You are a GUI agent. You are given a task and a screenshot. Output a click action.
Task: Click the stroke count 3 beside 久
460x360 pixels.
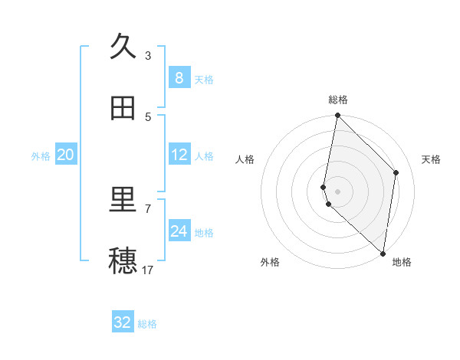tap(148, 55)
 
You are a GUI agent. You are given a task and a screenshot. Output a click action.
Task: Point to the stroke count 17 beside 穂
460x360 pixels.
tap(148, 270)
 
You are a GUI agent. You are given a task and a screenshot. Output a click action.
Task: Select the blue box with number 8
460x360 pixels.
tap(179, 78)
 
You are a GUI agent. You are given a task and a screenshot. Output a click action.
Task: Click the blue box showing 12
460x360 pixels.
tap(179, 155)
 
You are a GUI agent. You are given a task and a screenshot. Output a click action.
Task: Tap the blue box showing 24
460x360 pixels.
tap(179, 231)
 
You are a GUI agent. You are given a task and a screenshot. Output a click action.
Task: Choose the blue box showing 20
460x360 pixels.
tap(66, 155)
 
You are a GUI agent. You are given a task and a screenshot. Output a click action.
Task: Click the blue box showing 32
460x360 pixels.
tap(123, 322)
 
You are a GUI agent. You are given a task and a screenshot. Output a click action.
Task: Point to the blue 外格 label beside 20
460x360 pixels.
tap(41, 156)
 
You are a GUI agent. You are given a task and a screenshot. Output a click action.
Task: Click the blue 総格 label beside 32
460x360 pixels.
tap(147, 324)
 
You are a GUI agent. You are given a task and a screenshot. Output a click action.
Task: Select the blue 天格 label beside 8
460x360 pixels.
tap(204, 80)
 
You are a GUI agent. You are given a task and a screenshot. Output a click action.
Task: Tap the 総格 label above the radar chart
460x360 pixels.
tap(338, 100)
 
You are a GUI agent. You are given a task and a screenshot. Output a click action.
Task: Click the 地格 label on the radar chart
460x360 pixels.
tap(402, 263)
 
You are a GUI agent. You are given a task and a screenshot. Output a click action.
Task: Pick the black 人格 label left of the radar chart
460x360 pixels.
tap(245, 159)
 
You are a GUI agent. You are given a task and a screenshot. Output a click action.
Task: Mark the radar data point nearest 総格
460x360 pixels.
tap(337, 116)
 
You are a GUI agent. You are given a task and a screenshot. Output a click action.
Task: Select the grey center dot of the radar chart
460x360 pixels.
tap(337, 191)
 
